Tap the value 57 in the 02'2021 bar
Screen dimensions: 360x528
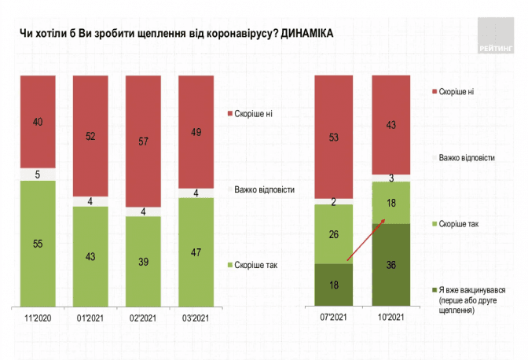[145, 142]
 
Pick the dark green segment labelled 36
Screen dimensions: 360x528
[390, 265]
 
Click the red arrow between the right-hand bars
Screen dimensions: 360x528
[365, 241]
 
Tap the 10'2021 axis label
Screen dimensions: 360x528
[390, 317]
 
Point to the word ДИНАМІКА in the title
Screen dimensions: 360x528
[299, 35]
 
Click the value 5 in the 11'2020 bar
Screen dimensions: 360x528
[38, 174]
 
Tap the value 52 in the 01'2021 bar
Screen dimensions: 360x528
[91, 136]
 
